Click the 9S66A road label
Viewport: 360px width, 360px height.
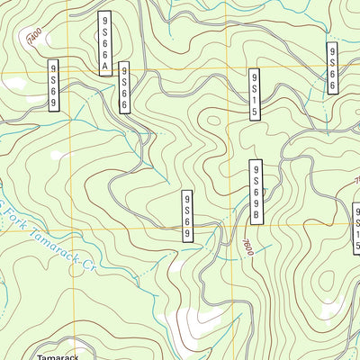(104, 42)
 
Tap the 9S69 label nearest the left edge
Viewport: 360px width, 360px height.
(54, 85)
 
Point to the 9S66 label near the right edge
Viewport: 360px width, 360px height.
(333, 67)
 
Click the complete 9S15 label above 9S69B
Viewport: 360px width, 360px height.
(256, 93)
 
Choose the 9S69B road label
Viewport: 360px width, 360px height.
(256, 193)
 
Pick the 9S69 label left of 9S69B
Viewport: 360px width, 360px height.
(188, 215)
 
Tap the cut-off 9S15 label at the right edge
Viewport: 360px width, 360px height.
(355, 226)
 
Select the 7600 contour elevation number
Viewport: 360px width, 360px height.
(248, 247)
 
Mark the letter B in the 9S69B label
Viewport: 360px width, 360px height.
(256, 216)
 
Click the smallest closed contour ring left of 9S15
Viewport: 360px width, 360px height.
(213, 118)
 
